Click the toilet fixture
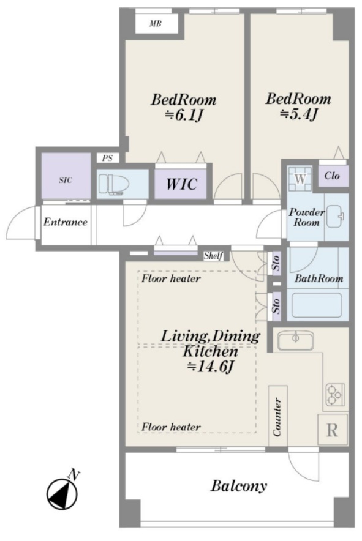tap(111, 184)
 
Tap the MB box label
tap(156, 24)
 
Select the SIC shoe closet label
tap(66, 180)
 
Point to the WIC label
tap(182, 184)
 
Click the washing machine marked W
tap(300, 179)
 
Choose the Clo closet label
tap(332, 176)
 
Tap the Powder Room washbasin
tap(335, 216)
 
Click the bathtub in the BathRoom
tap(317, 305)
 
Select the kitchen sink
tap(296, 340)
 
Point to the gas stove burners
tap(334, 395)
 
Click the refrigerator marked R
tap(332, 430)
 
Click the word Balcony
tap(239, 486)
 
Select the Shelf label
tap(213, 256)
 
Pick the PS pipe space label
tap(107, 159)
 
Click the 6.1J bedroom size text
tap(183, 115)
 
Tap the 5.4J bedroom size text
tap(298, 114)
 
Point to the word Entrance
tap(66, 222)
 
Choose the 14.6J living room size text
tap(211, 367)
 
